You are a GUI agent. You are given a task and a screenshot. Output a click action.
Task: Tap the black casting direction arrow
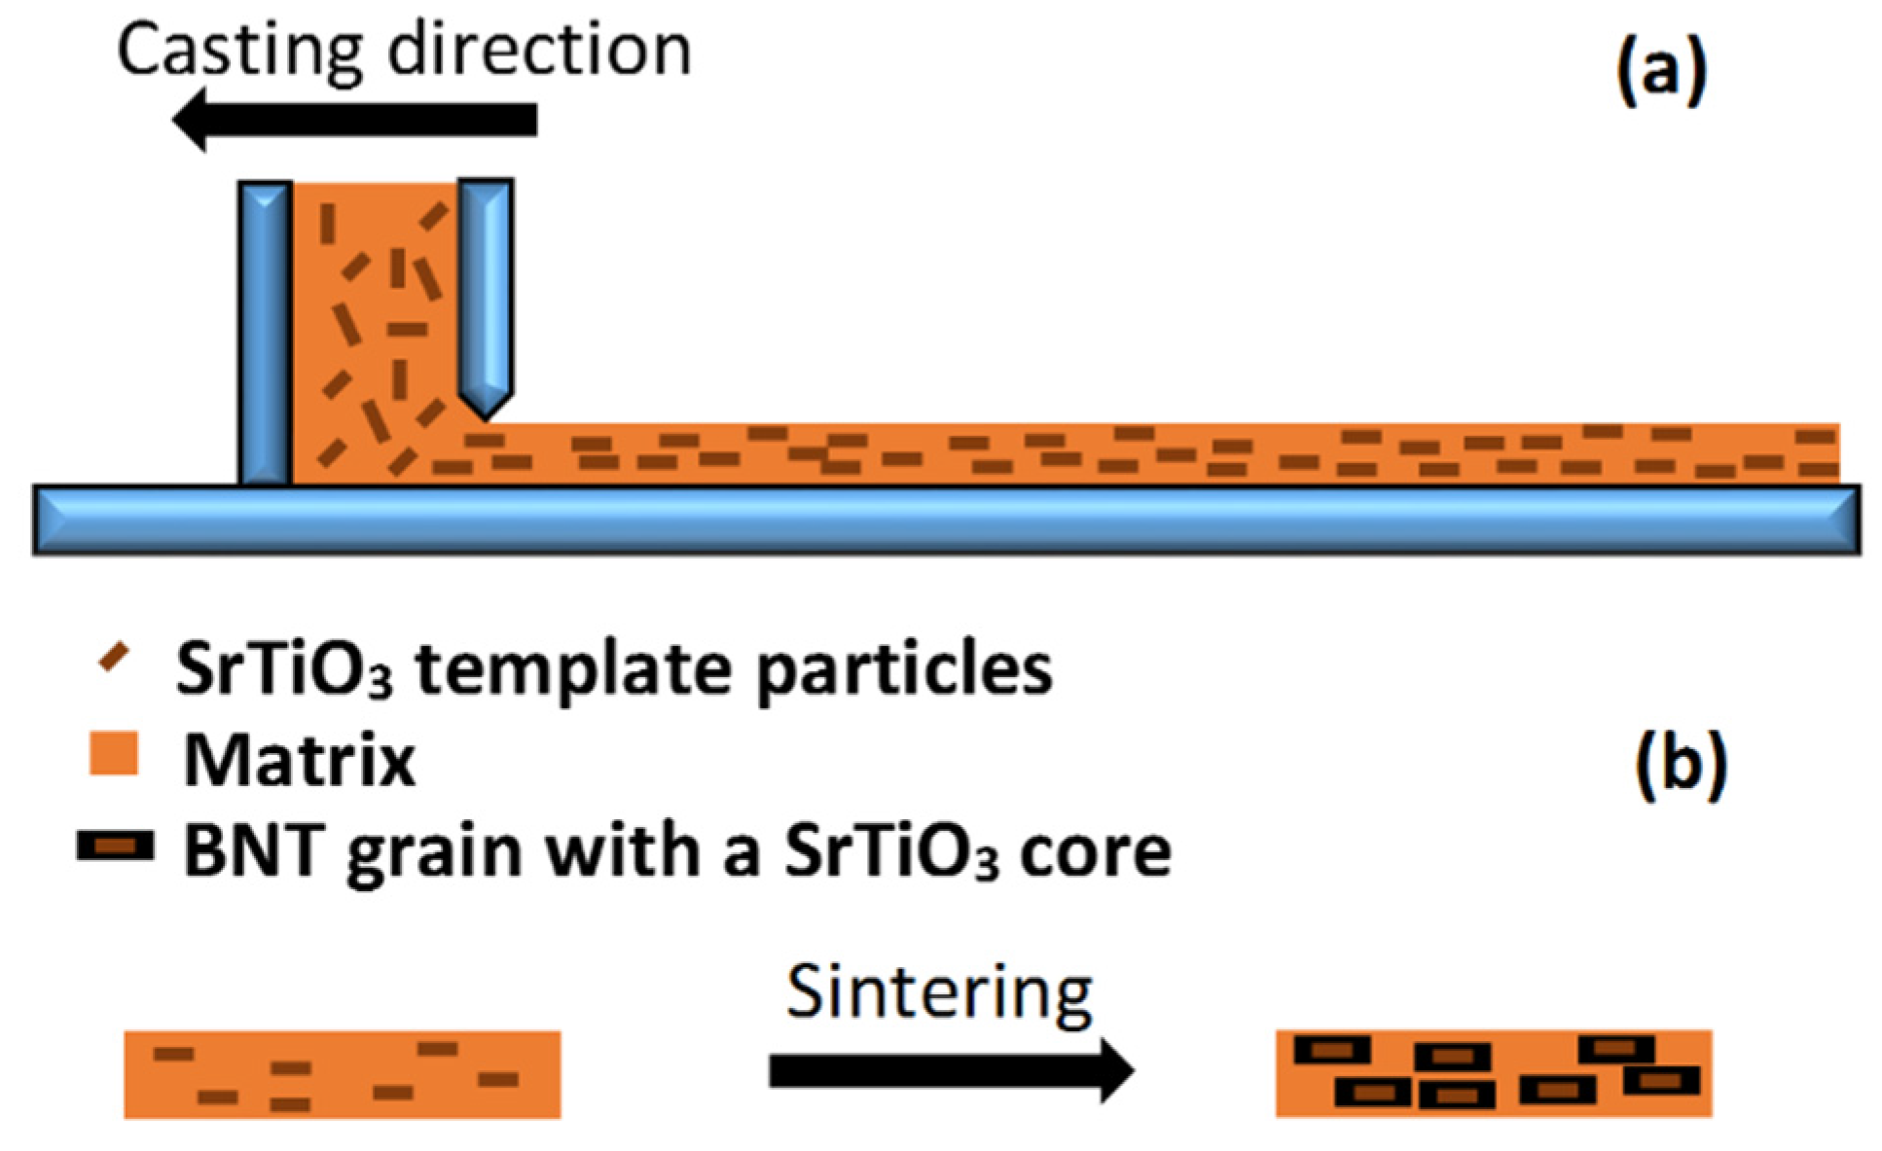click(355, 120)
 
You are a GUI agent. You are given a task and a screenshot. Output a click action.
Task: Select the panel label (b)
click(1681, 765)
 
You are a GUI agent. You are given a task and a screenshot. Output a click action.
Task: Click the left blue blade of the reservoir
click(265, 331)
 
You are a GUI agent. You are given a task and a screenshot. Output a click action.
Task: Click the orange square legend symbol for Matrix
click(114, 754)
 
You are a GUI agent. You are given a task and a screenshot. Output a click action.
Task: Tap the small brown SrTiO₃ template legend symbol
click(114, 658)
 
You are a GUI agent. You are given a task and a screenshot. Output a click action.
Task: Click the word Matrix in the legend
click(300, 760)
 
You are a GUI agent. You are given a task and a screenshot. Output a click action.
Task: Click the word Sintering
click(939, 993)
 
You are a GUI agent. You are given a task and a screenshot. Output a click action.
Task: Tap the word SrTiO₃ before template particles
click(284, 668)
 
